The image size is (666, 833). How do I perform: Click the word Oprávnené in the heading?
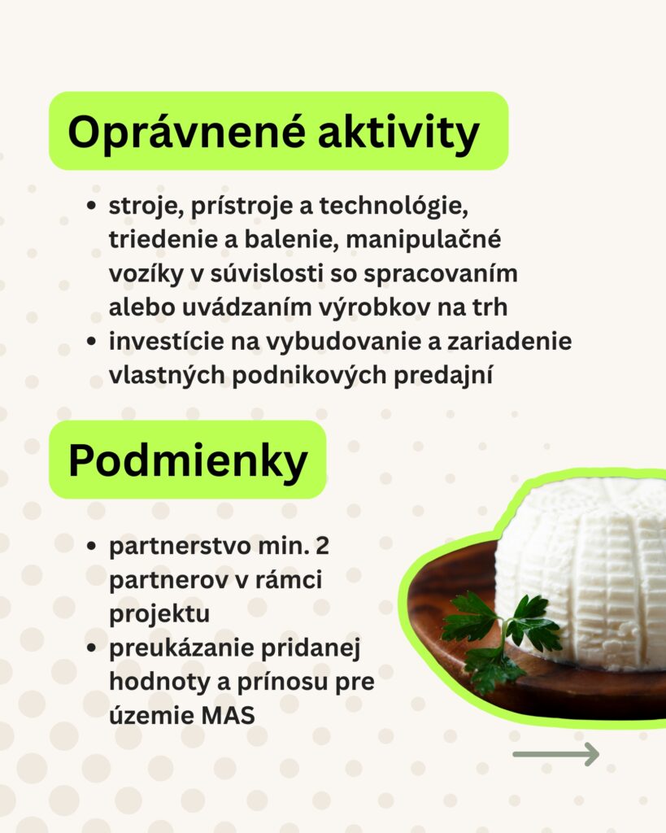[187, 133]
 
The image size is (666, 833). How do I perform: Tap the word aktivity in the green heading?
[398, 133]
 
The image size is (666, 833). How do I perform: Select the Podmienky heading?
[188, 460]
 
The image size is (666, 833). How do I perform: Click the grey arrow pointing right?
[556, 754]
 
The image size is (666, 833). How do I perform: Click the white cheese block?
[581, 574]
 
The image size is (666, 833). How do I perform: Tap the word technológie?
[394, 206]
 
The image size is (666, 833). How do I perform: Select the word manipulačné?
[424, 240]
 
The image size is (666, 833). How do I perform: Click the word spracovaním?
[440, 274]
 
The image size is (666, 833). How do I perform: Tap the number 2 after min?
[322, 546]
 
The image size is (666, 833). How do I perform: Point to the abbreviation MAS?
[228, 716]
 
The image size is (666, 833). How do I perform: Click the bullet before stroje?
[91, 206]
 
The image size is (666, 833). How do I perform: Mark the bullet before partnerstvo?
[91, 546]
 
